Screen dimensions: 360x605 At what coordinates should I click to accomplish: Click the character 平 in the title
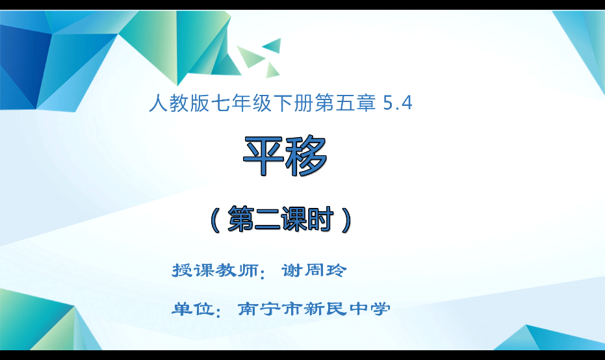264,157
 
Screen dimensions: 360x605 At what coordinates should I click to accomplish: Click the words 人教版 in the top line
175,103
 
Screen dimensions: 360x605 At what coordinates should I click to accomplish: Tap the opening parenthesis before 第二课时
215,220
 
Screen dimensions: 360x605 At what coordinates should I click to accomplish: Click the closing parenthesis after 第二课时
348,220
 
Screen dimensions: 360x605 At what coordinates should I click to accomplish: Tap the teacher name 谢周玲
315,270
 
